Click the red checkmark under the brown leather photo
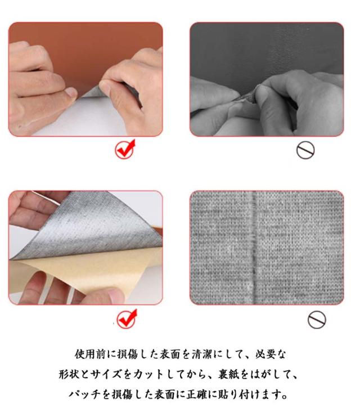tap(125, 149)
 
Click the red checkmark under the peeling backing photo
tap(127, 319)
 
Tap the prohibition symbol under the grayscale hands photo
tap(305, 150)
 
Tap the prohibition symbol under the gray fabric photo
tap(317, 320)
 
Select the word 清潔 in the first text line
tap(202, 354)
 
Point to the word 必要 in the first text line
tap(265, 354)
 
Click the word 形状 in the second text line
tap(69, 374)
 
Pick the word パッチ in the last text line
tap(84, 394)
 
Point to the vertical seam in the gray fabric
tap(254, 247)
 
